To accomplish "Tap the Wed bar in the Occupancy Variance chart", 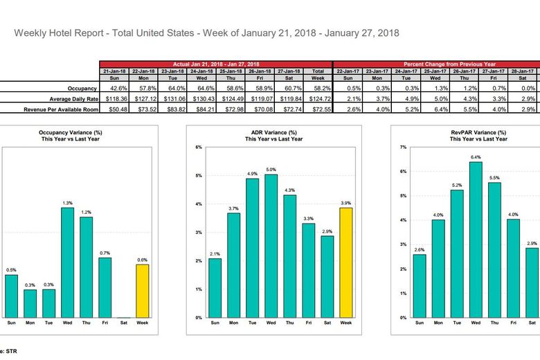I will (x=67, y=262).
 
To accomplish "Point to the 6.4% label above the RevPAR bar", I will (x=476, y=157).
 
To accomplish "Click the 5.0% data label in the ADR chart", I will (x=271, y=170).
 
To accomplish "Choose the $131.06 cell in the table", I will (x=173, y=99).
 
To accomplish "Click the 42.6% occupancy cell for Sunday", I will (x=115, y=89).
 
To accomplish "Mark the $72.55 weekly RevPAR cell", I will (x=318, y=109).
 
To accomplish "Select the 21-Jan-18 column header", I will (x=115, y=71).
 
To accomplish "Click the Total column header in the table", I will (x=318, y=71).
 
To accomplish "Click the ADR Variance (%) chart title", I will (x=273, y=132).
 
